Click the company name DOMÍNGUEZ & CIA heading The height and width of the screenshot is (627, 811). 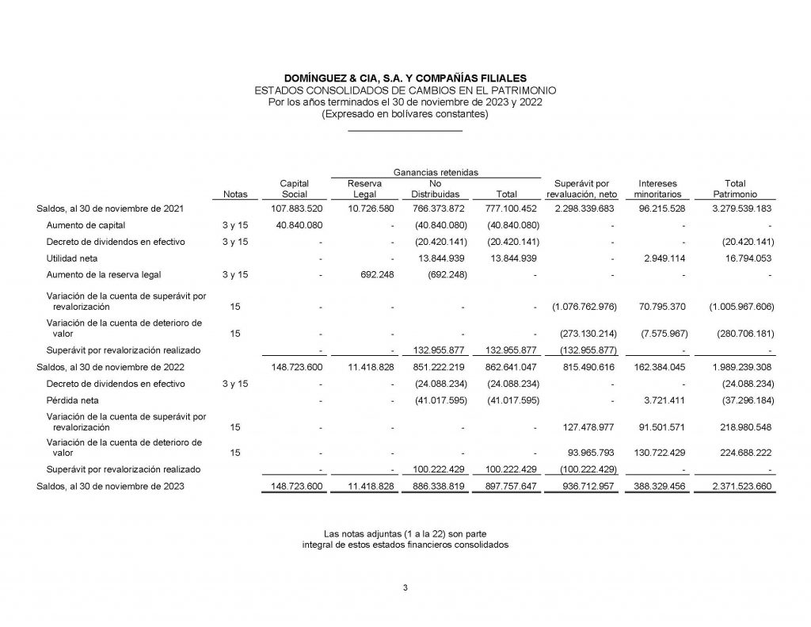pos(405,78)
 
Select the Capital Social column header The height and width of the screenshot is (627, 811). pos(295,189)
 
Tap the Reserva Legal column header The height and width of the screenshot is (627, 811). pos(365,189)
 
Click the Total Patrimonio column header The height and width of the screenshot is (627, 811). pos(734,189)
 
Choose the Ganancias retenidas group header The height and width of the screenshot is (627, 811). pos(435,172)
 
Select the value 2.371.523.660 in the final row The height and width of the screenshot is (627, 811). pos(734,487)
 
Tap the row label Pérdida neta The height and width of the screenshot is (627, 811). pos(70,400)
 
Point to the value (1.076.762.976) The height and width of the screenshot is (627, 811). pos(583,306)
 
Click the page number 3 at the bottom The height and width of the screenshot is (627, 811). pos(405,587)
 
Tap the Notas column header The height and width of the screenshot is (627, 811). pos(235,194)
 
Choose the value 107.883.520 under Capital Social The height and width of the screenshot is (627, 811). pos(297,208)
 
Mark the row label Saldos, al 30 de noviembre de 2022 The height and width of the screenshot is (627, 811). pos(111,367)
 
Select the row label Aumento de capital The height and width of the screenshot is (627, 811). pos(86,225)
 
